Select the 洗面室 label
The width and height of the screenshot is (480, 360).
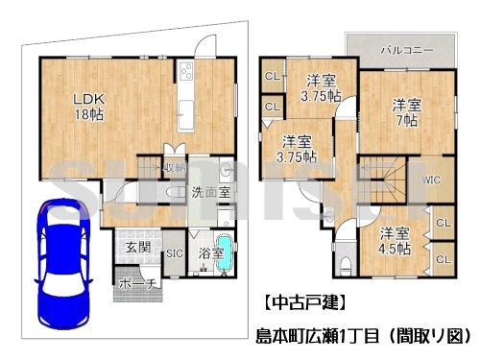pos(210,192)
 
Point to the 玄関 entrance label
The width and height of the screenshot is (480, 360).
pos(137,247)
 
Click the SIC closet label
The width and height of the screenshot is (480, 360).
pos(175,253)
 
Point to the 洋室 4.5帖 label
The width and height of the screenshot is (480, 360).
pos(392,240)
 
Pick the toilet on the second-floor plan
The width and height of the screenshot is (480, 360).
pos(347,263)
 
